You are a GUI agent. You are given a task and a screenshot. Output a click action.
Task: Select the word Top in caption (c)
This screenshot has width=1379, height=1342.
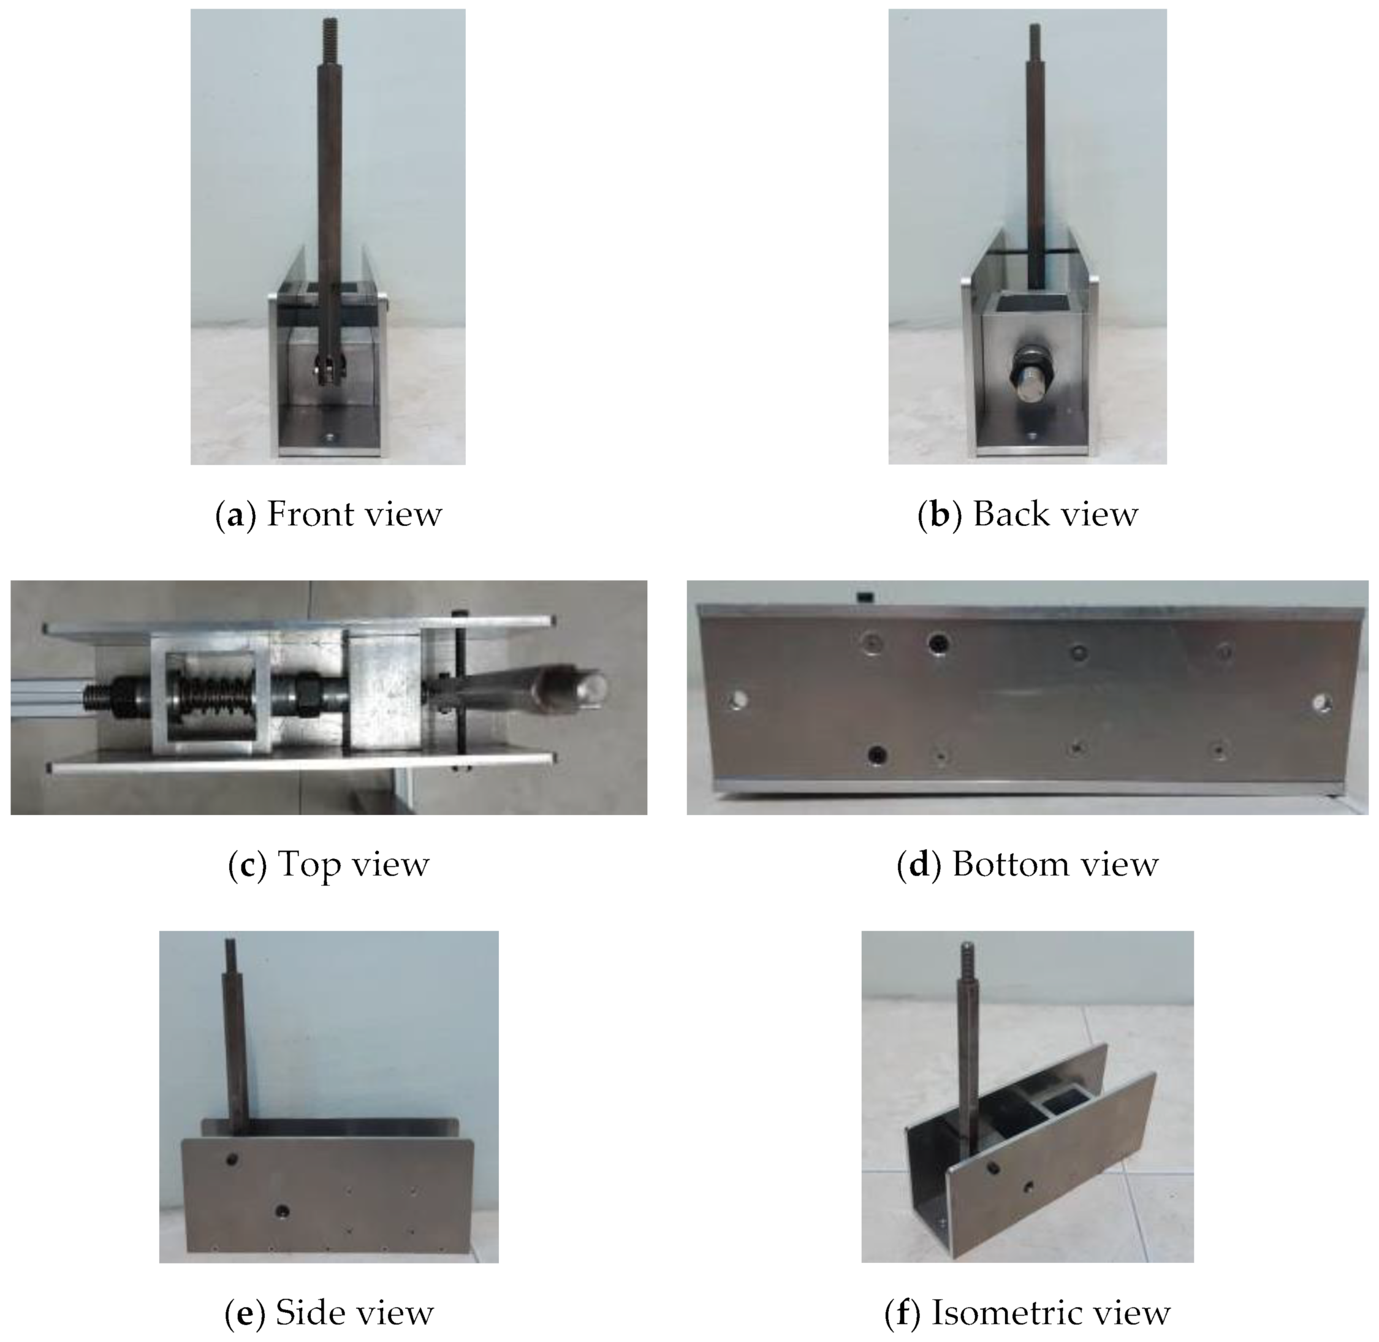[x=309, y=864]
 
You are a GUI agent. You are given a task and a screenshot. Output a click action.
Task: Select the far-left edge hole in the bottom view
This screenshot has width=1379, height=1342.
[x=738, y=700]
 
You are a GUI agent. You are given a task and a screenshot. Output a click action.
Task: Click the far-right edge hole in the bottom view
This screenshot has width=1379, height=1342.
[x=1322, y=702]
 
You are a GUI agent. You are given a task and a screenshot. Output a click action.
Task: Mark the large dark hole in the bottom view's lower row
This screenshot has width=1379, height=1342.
[x=876, y=754]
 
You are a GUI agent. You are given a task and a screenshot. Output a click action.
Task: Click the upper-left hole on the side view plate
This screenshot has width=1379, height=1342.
[x=231, y=1158]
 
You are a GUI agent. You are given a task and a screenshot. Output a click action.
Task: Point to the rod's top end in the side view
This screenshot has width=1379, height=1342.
[x=229, y=942]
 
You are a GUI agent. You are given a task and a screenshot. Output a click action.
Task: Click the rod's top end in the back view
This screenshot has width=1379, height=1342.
[x=1035, y=27]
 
